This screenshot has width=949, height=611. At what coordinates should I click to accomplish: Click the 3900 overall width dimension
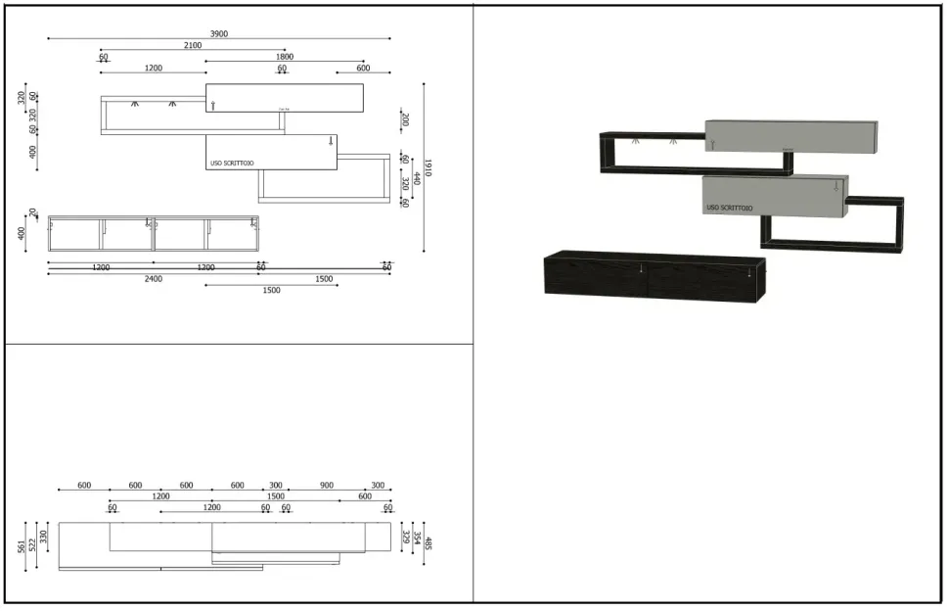pos(219,34)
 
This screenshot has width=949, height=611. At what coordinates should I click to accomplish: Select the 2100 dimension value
pos(193,46)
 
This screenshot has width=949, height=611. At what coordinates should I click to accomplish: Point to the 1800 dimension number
pos(285,57)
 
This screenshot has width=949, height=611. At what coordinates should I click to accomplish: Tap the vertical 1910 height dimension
pos(429,167)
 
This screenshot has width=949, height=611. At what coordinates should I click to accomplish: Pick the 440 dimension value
pos(417,178)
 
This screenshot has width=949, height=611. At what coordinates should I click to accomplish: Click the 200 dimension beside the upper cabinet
pos(404,120)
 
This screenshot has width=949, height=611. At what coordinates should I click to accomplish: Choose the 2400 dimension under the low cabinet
pos(154,279)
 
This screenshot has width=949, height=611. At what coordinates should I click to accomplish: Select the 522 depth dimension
pos(33,541)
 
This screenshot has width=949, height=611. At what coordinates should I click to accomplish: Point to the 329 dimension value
pos(406,537)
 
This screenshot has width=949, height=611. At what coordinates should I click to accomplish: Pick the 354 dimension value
pos(417,539)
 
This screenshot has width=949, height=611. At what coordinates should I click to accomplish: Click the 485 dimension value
pos(429,543)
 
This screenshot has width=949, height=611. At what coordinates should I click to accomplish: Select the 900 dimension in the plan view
pos(327,486)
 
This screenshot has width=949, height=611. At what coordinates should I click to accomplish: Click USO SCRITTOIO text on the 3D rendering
pos(731,209)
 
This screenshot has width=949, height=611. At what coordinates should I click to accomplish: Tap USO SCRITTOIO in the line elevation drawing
pos(232,164)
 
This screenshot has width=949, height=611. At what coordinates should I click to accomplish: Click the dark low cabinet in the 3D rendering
pos(653,277)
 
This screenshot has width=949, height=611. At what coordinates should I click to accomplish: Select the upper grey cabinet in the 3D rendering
pos(791,136)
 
